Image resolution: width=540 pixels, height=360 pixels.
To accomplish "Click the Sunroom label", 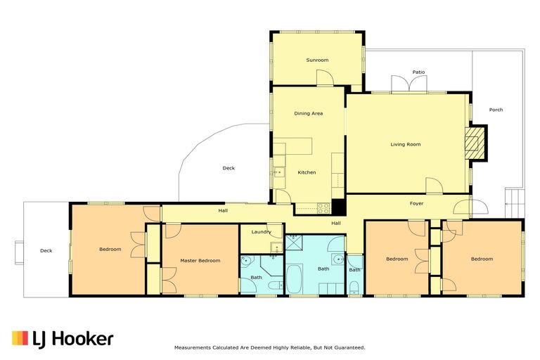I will point(317,60).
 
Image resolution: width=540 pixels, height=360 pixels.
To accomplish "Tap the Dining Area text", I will point(308,113).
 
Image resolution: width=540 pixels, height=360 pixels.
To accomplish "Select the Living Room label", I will point(405,144).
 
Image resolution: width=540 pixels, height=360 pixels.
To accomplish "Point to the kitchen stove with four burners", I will point(323,207).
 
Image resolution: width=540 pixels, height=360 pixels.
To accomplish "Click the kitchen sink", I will point(278,171).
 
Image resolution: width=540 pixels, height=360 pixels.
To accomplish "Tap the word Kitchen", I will point(307,172).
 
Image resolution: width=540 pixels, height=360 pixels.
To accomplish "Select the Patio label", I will point(418,72).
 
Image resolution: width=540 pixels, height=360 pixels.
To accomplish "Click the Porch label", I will point(496,110).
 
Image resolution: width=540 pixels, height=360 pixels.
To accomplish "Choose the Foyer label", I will point(416,204).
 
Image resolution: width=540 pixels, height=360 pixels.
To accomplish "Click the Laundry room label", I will point(261,231).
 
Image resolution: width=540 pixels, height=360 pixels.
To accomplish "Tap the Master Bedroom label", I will point(200,260).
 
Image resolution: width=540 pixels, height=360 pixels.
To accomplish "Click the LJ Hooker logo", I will point(63,339).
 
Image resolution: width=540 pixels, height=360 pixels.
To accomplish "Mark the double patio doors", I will point(409,84).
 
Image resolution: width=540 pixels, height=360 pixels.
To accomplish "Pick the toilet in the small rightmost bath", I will point(354,287).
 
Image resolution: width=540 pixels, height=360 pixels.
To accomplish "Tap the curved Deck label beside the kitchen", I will point(229,168).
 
